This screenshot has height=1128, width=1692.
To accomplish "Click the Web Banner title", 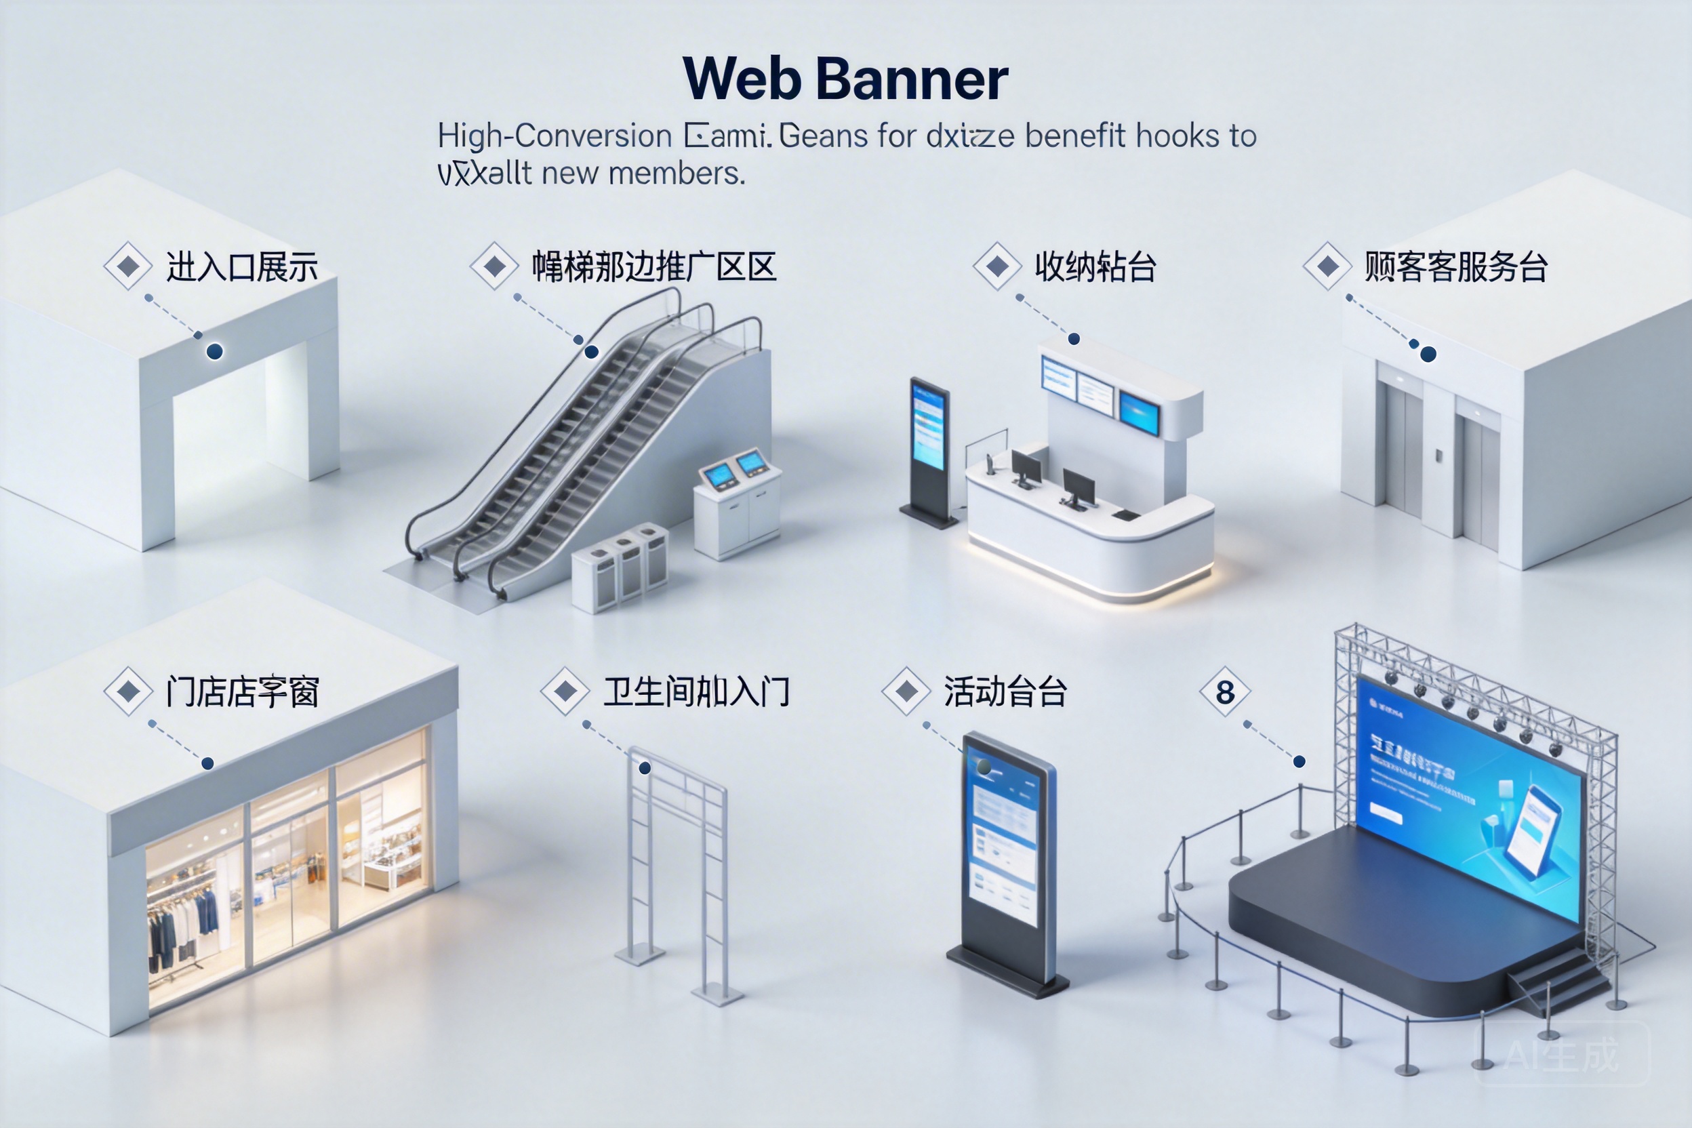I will tap(845, 79).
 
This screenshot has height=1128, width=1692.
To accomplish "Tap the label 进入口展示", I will tap(242, 267).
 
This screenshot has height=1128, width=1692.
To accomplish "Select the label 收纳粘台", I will tap(1095, 267).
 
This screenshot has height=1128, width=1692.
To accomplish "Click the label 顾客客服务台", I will tap(1456, 267).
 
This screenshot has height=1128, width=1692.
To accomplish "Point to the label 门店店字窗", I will tap(242, 692).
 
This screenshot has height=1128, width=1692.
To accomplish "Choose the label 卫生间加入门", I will tap(696, 692).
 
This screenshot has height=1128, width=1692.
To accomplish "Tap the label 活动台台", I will tap(1005, 692).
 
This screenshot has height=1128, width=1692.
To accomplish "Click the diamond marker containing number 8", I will tap(1225, 692).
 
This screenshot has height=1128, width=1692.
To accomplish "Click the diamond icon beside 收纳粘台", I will tap(997, 266).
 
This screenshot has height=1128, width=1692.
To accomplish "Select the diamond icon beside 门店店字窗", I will tap(129, 691).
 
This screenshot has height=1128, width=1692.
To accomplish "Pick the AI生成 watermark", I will tap(1562, 1055).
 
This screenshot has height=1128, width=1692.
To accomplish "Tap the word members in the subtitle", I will tap(677, 174).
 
